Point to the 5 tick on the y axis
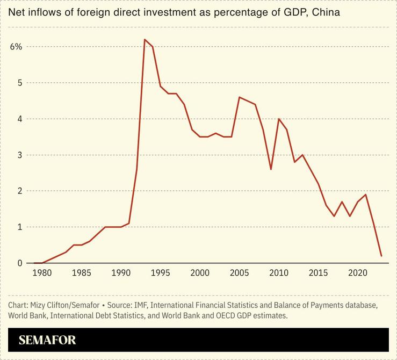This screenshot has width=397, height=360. [19, 83]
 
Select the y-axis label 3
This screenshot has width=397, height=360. [19, 155]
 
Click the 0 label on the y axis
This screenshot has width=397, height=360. [19, 263]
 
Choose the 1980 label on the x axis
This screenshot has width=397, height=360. [42, 273]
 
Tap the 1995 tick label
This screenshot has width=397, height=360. [160, 273]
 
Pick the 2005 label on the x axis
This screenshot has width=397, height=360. [239, 273]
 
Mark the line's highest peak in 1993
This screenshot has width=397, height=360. [145, 39]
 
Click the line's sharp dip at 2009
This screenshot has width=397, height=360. [271, 169]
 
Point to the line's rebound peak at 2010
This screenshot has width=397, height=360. [279, 119]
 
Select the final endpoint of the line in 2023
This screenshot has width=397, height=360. [381, 256]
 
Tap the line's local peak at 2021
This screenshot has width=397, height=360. [366, 195]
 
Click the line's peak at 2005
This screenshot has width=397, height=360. [239, 97]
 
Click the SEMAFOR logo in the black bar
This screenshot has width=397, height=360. [47, 340]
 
